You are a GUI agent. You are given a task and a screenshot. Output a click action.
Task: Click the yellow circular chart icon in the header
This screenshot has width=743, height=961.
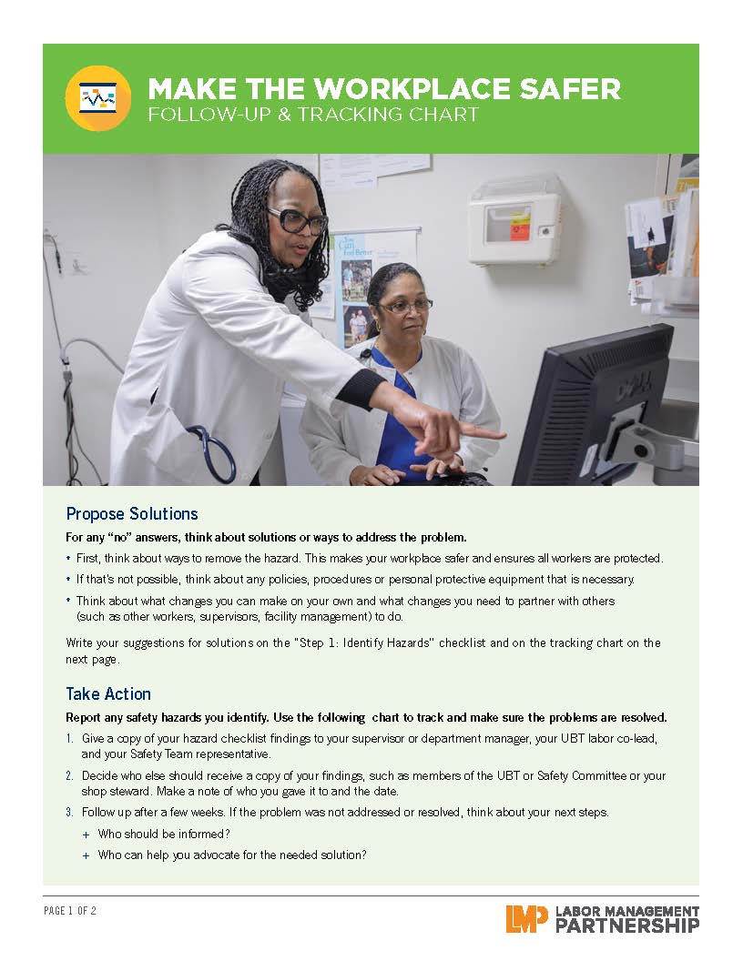point(98,98)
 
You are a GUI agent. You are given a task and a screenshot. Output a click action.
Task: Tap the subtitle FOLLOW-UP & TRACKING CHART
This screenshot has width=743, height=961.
point(313,115)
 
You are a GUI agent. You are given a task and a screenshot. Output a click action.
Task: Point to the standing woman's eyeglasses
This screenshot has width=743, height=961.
point(298,220)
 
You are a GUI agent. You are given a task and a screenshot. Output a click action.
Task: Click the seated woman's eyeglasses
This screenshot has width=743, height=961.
point(406,306)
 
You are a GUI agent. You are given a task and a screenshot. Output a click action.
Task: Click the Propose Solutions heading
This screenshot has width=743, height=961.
point(132,513)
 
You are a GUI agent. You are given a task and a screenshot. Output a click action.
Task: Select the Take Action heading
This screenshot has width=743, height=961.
point(108,693)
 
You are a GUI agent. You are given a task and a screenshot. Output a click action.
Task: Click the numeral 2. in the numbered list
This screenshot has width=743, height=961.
point(70,776)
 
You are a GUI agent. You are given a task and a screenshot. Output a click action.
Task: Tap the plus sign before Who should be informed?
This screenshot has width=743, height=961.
point(86,835)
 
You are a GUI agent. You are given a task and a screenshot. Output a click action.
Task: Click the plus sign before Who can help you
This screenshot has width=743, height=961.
point(86,855)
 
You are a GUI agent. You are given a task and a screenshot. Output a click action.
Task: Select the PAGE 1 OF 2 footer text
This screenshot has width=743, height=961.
point(70,911)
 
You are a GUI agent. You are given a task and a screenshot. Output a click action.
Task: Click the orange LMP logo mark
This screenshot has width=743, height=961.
point(526,919)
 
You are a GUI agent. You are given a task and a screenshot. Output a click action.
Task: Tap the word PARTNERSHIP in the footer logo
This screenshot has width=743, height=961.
point(627,926)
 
